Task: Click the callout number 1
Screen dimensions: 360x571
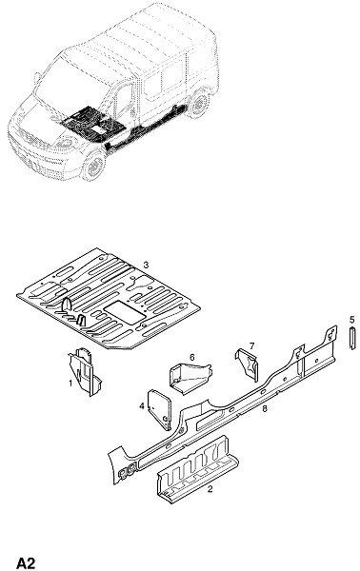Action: (x=70, y=383)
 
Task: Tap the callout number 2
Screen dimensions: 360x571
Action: (x=210, y=489)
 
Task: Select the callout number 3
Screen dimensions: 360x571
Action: (x=146, y=265)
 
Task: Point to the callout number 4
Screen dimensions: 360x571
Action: (x=142, y=405)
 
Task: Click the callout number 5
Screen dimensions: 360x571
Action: (x=351, y=320)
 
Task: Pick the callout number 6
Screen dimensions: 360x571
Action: (x=192, y=357)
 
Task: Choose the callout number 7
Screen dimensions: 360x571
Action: (x=251, y=345)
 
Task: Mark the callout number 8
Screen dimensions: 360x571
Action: (x=265, y=408)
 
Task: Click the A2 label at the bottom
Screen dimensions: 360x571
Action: (x=26, y=563)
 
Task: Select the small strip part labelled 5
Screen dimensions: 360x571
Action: (x=352, y=338)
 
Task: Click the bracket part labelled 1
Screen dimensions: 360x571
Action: (x=86, y=372)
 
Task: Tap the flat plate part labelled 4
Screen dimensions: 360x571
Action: (x=160, y=409)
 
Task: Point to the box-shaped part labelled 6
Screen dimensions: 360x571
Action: (x=190, y=378)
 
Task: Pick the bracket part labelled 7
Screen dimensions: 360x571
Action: (x=248, y=364)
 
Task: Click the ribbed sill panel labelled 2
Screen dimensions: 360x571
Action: (x=197, y=469)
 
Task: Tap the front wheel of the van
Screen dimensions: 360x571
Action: (x=93, y=166)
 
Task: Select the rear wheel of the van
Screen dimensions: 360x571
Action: (x=198, y=104)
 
